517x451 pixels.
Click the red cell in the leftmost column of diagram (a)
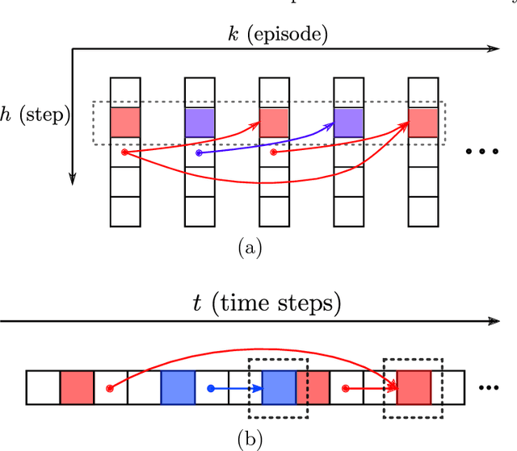pos(125,121)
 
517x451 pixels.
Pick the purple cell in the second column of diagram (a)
pos(200,121)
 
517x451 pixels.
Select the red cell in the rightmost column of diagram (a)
pos(422,121)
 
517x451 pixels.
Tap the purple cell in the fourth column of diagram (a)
pos(348,121)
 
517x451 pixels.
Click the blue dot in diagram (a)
pos(200,152)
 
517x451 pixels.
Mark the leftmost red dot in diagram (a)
pos(124,152)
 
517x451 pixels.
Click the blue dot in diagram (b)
pos(211,388)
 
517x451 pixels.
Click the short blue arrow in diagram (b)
pos(237,388)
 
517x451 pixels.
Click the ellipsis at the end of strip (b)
pos(490,388)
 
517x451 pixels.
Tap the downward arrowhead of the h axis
pos(72,179)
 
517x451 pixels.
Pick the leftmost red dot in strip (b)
pos(110,388)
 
